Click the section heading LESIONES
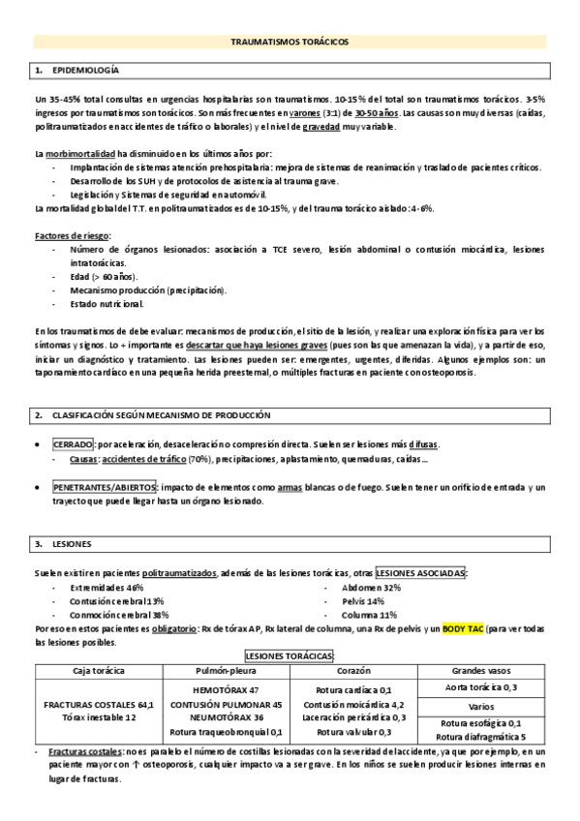point(70,544)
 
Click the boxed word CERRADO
point(73,443)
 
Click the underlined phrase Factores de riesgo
point(73,235)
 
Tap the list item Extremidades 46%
point(107,587)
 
